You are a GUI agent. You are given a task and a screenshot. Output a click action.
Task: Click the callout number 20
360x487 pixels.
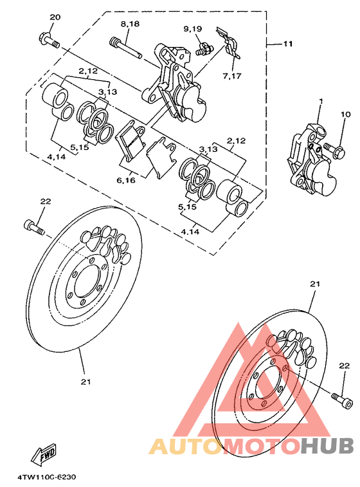[55, 17]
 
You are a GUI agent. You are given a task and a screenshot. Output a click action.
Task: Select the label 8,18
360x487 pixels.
[129, 23]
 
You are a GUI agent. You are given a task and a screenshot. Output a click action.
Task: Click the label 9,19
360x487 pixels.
[192, 29]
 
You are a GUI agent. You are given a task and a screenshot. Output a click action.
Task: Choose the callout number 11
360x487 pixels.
[287, 44]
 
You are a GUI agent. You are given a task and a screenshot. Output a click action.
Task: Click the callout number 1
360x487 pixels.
[320, 102]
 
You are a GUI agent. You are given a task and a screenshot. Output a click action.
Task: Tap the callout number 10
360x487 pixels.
[346, 115]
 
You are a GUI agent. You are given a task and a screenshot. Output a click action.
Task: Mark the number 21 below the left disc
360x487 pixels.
[85, 381]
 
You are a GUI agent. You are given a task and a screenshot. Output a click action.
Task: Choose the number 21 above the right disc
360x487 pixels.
[314, 284]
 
